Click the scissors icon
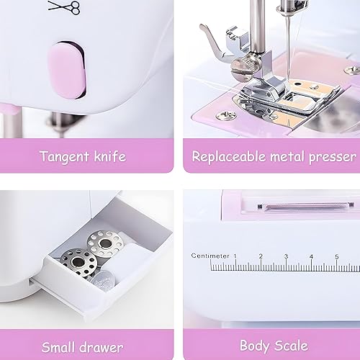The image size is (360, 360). pyautogui.click(x=64, y=7)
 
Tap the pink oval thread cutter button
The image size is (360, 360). pyautogui.click(x=67, y=71)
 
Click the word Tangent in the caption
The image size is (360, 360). pyautogui.click(x=65, y=157)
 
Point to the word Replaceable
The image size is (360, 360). pyautogui.click(x=229, y=156)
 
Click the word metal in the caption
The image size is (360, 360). pyautogui.click(x=287, y=157)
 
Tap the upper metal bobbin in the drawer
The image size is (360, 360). pyautogui.click(x=104, y=243)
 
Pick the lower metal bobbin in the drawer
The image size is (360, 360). pyautogui.click(x=78, y=262)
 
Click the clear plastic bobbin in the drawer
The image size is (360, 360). pyautogui.click(x=102, y=280)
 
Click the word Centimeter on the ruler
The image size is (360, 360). pyautogui.click(x=210, y=256)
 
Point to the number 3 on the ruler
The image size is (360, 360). pyautogui.click(x=286, y=256)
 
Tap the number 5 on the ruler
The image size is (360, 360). pyautogui.click(x=337, y=256)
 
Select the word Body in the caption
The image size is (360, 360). pyautogui.click(x=255, y=346)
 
